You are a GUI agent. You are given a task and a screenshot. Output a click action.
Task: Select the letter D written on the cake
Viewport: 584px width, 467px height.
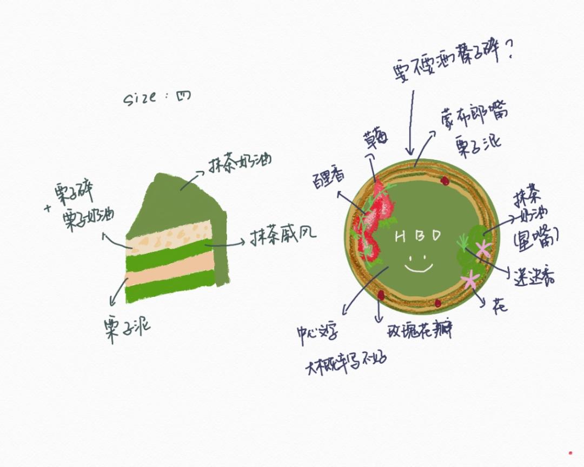coord(436,236)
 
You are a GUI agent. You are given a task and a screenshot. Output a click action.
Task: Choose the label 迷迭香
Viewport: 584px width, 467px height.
coord(533,276)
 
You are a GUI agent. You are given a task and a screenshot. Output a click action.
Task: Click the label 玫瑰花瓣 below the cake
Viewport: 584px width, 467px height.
coord(420,329)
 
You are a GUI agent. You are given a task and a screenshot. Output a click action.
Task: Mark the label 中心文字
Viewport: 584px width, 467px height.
coord(317,331)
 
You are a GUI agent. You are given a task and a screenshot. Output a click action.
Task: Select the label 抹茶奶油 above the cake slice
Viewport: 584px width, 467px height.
coord(240,163)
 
